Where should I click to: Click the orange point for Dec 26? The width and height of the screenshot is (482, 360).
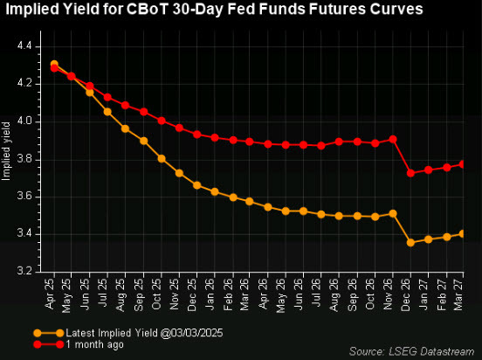(410, 242)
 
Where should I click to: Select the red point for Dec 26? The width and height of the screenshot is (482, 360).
(410, 173)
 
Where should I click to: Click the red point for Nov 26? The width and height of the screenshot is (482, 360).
(393, 139)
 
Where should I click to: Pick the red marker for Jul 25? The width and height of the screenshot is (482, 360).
(107, 97)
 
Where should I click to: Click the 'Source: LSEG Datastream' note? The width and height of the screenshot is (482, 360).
(411, 350)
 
